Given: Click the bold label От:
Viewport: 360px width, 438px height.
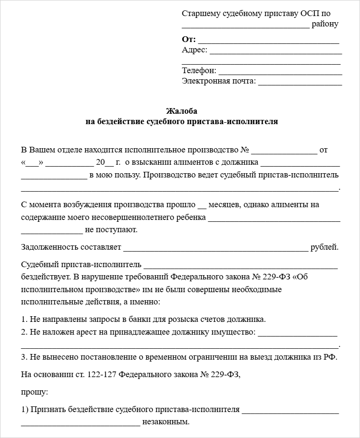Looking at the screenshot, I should tap(189, 39).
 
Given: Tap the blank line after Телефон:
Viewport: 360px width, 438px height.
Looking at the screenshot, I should tap(280, 71).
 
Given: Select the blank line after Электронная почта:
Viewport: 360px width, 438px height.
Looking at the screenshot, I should tap(300, 82).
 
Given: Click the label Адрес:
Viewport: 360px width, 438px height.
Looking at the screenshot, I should tap(194, 50).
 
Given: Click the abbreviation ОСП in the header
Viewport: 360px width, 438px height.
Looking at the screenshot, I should tap(309, 13).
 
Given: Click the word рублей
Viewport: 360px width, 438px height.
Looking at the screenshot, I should tap(325, 247).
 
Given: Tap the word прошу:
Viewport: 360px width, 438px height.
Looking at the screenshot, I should tap(34, 392).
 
